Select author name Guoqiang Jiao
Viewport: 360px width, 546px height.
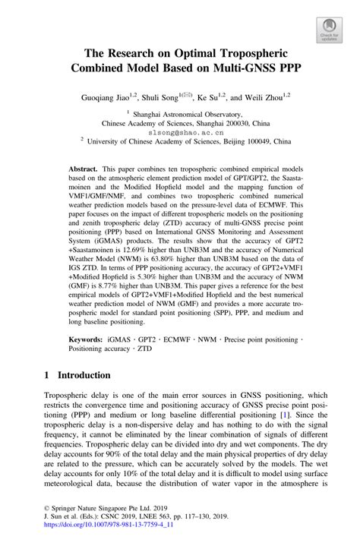click(115, 97)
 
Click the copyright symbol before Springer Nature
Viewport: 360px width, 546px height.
click(46, 514)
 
